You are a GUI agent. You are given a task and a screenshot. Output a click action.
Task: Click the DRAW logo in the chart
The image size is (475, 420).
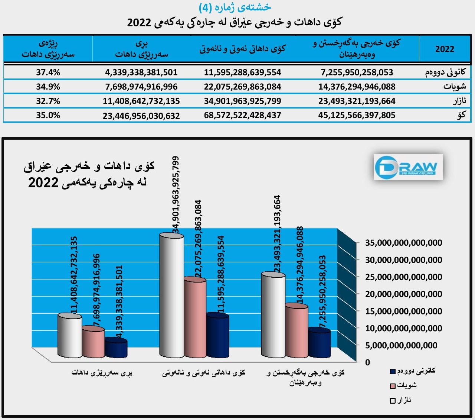pyautogui.click(x=408, y=167)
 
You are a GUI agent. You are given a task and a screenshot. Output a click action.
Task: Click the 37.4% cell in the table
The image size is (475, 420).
pyautogui.click(x=48, y=72)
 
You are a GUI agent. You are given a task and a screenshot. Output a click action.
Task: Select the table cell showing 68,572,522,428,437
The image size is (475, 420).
pyautogui.click(x=242, y=115)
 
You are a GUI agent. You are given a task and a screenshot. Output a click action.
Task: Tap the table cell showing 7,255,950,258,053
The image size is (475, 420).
pyautogui.click(x=357, y=72)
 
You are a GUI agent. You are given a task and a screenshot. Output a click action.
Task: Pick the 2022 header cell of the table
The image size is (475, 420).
pyautogui.click(x=445, y=49)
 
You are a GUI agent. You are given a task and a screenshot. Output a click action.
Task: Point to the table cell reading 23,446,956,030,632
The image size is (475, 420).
pyautogui.click(x=141, y=116)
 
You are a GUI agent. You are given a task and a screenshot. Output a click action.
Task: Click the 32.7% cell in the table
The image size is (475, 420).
pyautogui.click(x=48, y=101)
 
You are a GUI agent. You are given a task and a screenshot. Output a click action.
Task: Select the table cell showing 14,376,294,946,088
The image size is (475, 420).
pyautogui.click(x=357, y=87)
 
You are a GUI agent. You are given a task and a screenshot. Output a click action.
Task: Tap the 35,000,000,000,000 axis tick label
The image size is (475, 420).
pyautogui.click(x=403, y=243)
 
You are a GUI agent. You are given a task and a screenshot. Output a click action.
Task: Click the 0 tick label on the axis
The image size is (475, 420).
pyautogui.click(x=367, y=362)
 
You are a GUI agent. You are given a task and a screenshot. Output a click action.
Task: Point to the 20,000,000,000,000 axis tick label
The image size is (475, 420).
pyautogui.click(x=403, y=294)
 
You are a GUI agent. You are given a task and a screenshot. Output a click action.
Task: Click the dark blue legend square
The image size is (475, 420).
pyautogui.click(x=393, y=372)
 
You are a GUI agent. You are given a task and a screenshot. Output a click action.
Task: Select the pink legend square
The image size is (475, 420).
pyautogui.click(x=393, y=386)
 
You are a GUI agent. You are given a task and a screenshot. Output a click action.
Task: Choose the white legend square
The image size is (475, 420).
pyautogui.click(x=393, y=401)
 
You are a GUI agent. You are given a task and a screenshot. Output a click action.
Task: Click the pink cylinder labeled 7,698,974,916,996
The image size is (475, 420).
pyautogui.click(x=93, y=342)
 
